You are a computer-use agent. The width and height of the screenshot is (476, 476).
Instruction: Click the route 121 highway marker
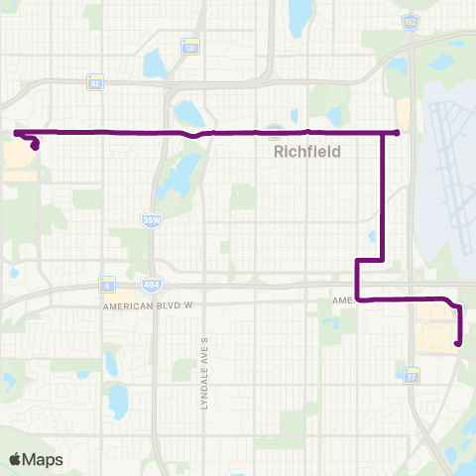pyautogui.click(x=189, y=46)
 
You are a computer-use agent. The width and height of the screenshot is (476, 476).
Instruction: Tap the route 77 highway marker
pyautogui.click(x=412, y=375)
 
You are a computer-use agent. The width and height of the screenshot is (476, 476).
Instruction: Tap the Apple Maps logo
pyautogui.click(x=35, y=459)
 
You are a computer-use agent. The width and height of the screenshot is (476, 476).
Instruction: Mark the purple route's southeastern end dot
pyautogui.click(x=458, y=344)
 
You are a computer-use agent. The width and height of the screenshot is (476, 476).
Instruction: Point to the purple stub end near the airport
pyautogui.click(x=396, y=132)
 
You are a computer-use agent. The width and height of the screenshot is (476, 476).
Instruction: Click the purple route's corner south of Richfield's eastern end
pyautogui.click(x=383, y=260)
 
